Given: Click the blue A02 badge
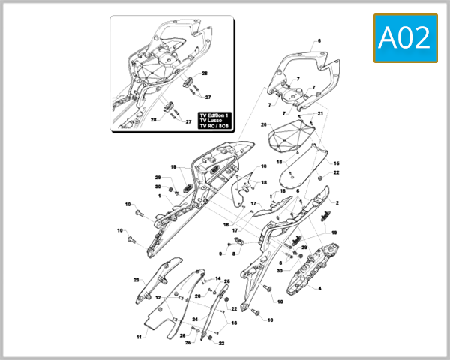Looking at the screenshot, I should [406, 37].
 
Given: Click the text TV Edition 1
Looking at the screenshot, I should [214, 115].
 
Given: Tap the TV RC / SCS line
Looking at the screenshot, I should [215, 127].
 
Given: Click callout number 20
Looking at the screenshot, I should [263, 124].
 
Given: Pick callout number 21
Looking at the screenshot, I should [320, 113].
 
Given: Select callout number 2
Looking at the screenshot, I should [337, 203].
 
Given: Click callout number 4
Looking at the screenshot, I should [320, 288].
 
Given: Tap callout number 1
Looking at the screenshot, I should [159, 196].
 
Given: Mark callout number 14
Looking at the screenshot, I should [218, 279].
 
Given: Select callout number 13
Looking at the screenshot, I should [233, 323].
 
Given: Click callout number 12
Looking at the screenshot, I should [158, 298].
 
